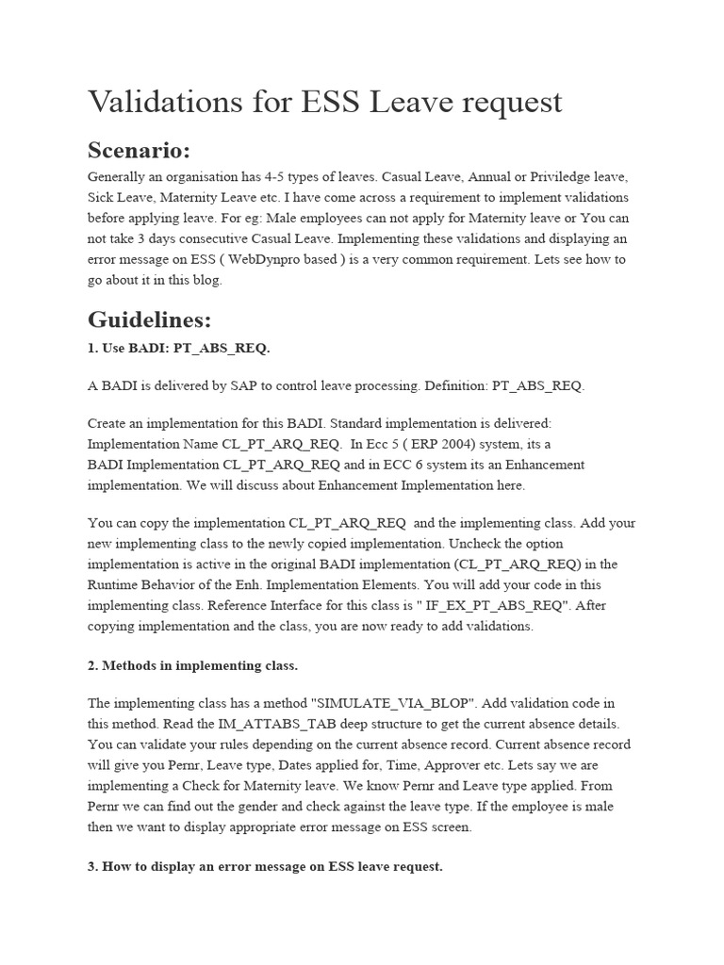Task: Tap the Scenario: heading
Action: click(x=139, y=151)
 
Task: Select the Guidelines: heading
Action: click(x=150, y=319)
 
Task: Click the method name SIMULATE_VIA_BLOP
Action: click(x=370, y=703)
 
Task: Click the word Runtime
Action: click(x=114, y=586)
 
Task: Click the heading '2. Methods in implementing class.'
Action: click(x=192, y=666)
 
